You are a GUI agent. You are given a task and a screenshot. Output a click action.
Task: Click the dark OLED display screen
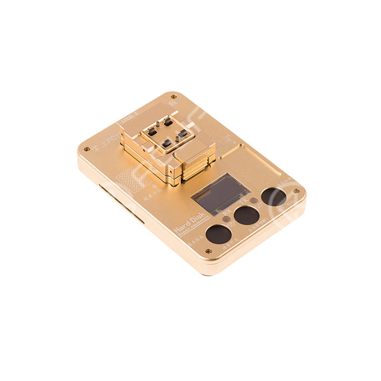[x=220, y=194]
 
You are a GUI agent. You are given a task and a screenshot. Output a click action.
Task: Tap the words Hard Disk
[x=189, y=222]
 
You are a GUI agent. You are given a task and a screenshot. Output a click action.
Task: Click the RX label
[x=227, y=211]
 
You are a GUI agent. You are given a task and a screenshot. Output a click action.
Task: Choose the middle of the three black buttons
[x=247, y=215]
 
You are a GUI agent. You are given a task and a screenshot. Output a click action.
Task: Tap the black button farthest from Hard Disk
[x=274, y=197]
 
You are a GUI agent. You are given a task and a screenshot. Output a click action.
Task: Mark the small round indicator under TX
[x=254, y=201]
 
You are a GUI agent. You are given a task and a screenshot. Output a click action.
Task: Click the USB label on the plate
[x=127, y=120]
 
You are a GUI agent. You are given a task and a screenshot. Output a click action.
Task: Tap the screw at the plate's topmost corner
[x=172, y=97]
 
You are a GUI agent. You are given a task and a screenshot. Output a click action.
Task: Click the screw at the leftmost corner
[x=86, y=149]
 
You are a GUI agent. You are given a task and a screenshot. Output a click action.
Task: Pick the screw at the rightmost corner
[x=296, y=191]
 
